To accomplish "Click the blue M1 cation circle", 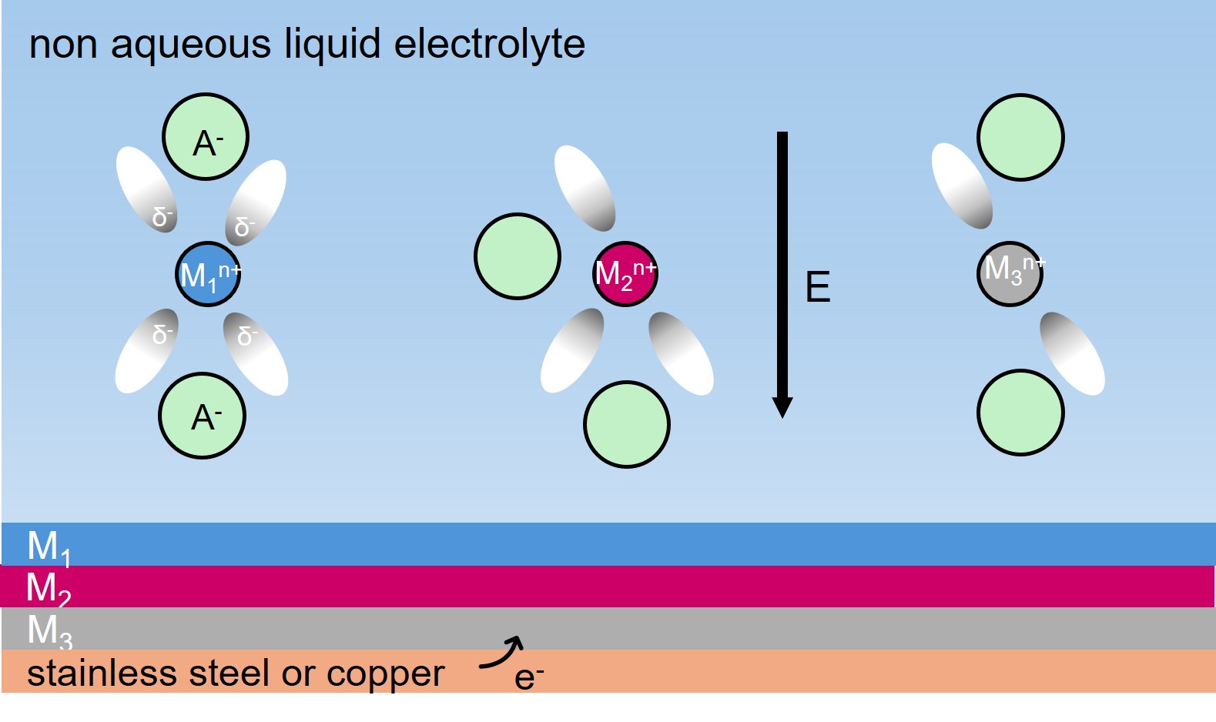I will pos(208,275).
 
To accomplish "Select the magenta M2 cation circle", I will pos(625,273).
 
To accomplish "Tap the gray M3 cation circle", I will pos(1010,273).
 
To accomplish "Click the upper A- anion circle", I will pos(206,137).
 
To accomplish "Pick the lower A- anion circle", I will pos(203,416).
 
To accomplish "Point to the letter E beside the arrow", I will pos(818,287).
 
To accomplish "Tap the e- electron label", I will pos(528,677).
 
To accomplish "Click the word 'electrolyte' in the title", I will pos(489,44).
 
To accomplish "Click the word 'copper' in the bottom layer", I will pos(385,674).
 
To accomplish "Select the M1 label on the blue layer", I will pos(49,547).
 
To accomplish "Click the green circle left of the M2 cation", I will pos(518,256).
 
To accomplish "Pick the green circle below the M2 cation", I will pos(627,424).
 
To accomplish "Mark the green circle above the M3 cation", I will pos(1020,138).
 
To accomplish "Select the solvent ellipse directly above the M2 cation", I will pos(585,188).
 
